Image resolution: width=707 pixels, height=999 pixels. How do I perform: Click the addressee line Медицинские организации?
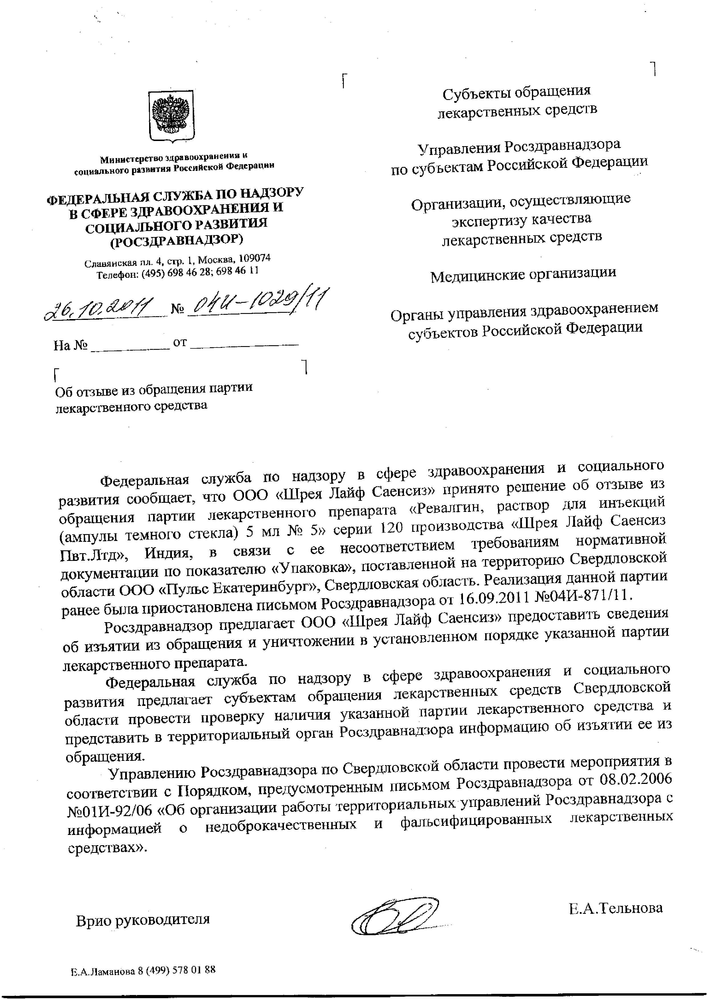click(x=523, y=274)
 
